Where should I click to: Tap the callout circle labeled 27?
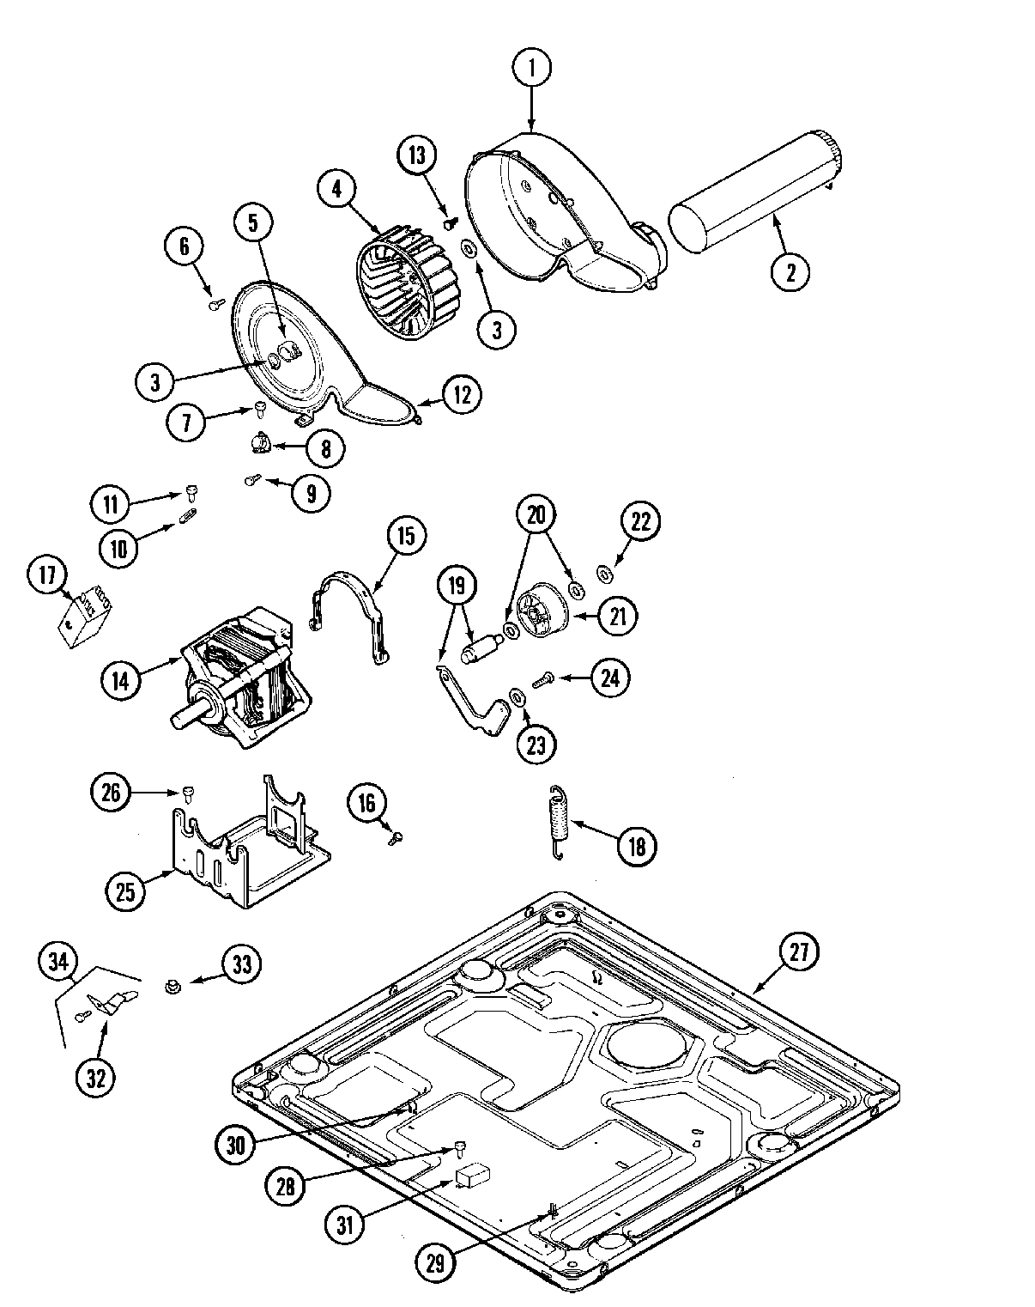coord(798,951)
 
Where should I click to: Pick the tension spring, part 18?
coord(559,823)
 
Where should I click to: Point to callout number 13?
coord(416,155)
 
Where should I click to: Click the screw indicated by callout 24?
coord(542,680)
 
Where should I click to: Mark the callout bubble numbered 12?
coord(462,394)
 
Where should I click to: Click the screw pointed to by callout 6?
coord(215,302)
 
